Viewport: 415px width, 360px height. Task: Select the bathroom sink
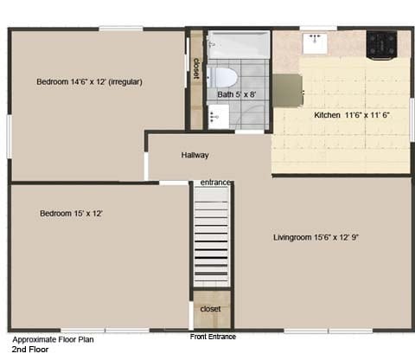[x=218, y=114]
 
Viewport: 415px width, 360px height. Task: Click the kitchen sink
[x=315, y=43]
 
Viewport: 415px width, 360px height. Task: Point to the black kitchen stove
[x=381, y=44]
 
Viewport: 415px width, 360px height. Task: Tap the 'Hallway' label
[x=195, y=156]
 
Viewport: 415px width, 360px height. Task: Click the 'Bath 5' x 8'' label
[x=236, y=94]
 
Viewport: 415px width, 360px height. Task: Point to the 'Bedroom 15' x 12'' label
[x=72, y=213]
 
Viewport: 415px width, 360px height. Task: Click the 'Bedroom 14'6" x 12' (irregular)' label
[x=89, y=82]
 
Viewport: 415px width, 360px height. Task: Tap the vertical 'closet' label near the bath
[x=196, y=68]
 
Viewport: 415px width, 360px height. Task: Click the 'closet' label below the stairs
[x=210, y=309]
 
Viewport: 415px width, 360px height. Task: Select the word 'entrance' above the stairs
[x=215, y=183]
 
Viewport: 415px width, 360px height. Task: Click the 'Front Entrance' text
[x=212, y=336]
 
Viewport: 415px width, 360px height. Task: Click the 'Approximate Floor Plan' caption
[x=52, y=340]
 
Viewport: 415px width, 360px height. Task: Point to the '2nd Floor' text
[x=30, y=350]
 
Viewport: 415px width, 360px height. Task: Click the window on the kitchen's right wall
[x=412, y=118]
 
